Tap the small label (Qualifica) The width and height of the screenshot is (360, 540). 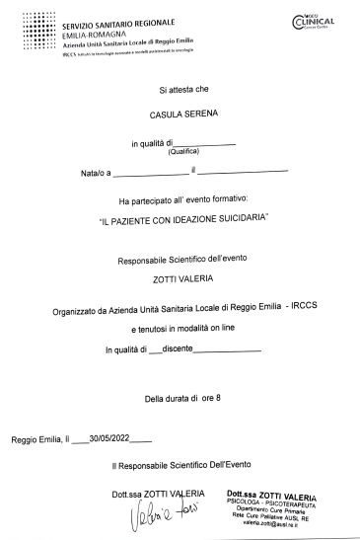pos(183,153)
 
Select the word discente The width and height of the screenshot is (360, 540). pos(178,349)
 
